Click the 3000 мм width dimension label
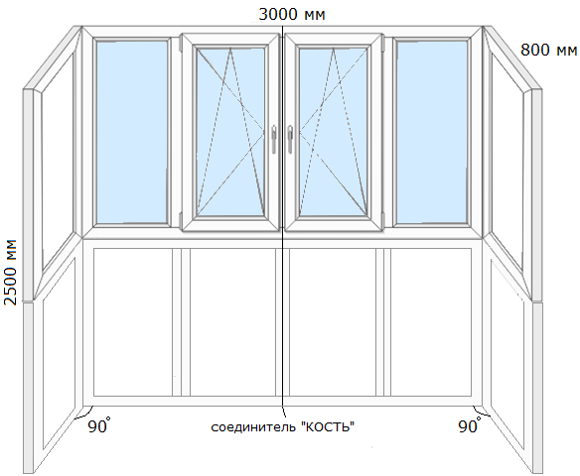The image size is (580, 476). click(292, 15)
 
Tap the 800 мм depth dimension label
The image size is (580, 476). click(549, 50)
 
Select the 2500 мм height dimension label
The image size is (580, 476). click(10, 272)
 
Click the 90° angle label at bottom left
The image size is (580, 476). click(98, 425)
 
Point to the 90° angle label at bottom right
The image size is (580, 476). click(470, 425)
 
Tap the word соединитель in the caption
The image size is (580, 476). click(254, 427)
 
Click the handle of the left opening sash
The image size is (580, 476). click(274, 139)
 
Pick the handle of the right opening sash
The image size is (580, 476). click(290, 139)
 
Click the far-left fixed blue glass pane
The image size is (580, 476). click(132, 132)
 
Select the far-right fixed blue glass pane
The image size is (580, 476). click(432, 132)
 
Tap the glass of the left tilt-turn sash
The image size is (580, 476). click(230, 131)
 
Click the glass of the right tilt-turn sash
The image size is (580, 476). click(333, 131)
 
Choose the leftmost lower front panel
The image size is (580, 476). click(133, 322)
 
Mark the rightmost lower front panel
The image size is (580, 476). click(431, 322)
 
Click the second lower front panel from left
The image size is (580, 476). click(232, 322)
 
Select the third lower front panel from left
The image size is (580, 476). click(333, 322)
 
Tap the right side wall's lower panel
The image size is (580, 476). click(507, 354)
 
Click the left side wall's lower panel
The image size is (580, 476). click(59, 354)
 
